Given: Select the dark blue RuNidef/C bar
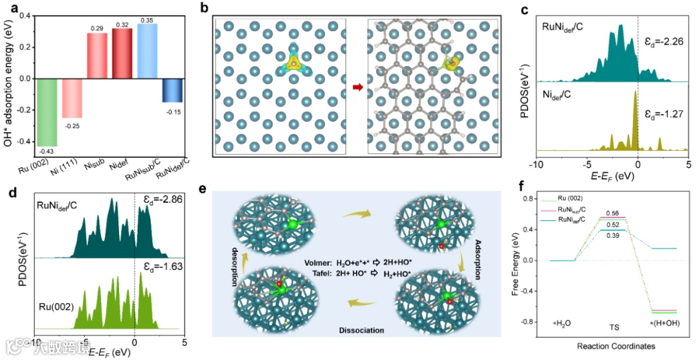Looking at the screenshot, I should coord(172,90).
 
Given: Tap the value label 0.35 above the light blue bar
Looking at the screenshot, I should coord(147,20).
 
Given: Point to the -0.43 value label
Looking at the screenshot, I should coord(47,151).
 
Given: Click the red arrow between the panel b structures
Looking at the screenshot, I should coord(357,86).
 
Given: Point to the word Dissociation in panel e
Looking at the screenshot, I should coord(361,331).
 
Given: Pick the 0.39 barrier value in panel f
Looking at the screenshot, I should coord(613,236).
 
